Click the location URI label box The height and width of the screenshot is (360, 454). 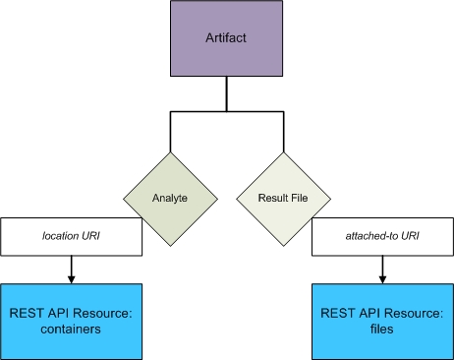point(71,237)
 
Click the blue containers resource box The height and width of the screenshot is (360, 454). point(71,322)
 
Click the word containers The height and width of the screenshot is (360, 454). point(71,330)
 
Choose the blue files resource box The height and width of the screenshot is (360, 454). point(382,322)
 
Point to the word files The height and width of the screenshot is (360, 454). point(382,330)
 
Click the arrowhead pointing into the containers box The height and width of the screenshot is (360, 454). point(71,279)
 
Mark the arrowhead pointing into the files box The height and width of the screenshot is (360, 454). point(382,279)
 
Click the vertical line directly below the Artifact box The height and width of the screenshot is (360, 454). point(227,94)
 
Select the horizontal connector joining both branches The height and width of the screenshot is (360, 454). point(227,112)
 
